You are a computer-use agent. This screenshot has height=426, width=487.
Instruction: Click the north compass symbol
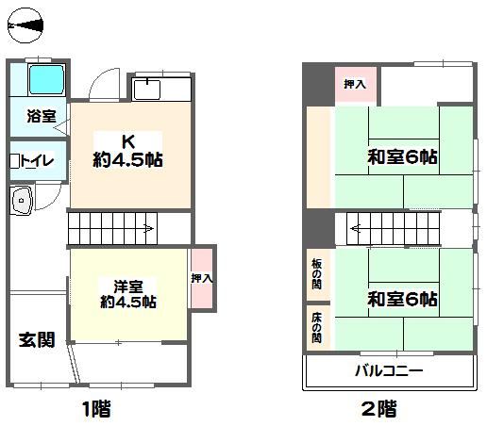25,25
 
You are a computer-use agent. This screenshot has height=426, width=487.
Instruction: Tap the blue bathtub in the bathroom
46,79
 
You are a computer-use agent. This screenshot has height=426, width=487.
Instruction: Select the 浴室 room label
42,116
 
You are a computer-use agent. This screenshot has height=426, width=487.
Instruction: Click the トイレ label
37,161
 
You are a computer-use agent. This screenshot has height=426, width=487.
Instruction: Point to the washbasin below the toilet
21,200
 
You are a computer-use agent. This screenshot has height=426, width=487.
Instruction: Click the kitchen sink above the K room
146,90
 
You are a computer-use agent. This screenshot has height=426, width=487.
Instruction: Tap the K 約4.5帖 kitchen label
128,151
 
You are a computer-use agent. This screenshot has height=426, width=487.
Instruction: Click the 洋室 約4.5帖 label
128,294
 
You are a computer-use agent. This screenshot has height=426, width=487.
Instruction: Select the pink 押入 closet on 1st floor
202,278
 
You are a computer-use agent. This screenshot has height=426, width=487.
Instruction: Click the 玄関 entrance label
37,339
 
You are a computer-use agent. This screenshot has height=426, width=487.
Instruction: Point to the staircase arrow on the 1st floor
148,228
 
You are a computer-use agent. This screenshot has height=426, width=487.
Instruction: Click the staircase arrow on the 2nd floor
356,228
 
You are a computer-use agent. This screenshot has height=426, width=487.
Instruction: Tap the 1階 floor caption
96,409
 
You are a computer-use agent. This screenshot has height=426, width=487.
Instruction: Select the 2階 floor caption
379,409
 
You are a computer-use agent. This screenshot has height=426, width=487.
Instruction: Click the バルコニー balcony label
389,371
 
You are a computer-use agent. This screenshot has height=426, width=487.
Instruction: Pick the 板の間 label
317,273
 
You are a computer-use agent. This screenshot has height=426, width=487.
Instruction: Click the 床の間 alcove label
317,327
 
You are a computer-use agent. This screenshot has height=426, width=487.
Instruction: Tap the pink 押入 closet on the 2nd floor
356,85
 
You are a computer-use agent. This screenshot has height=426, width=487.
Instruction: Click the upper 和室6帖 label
402,156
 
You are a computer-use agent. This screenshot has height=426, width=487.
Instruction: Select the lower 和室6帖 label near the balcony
402,299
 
